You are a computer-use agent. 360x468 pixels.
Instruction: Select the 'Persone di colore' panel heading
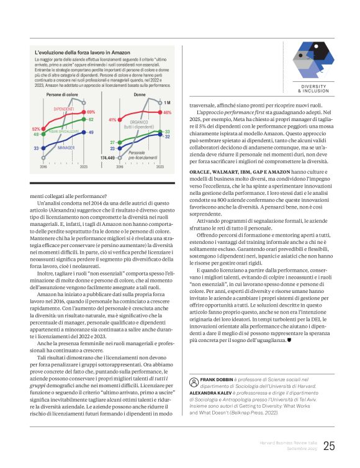pos(63,94)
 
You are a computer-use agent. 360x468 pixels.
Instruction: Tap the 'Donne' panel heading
pos(139,94)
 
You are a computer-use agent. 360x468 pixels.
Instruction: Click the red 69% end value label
pos(91,112)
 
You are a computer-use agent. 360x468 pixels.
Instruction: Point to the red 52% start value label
pos(36,128)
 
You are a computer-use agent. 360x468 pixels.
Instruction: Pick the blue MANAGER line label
pos(66,148)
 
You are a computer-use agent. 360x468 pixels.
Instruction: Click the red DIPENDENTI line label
pos(64,109)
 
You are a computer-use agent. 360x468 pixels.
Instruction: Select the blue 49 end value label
pos(91,132)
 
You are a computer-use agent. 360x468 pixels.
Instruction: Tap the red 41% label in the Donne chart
pos(112,119)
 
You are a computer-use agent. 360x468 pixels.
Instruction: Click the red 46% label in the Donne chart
pos(167,112)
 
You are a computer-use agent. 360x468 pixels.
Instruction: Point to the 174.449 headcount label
pos(108,158)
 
